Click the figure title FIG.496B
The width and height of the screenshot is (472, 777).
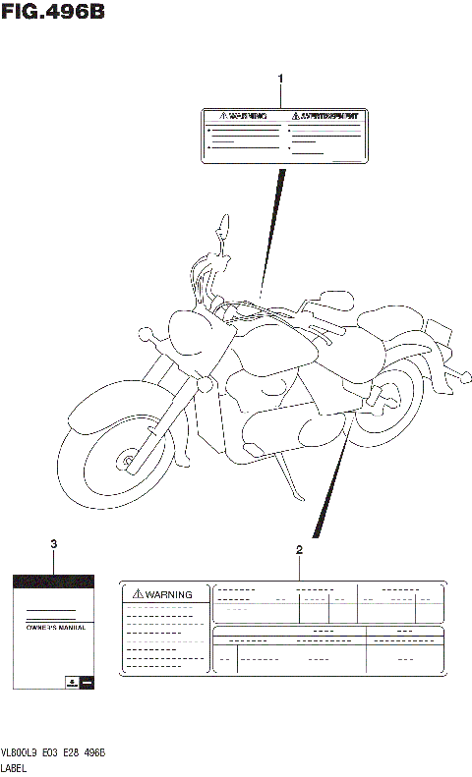click(53, 13)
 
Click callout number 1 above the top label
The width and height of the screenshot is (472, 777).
click(280, 78)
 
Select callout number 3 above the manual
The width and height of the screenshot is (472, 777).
click(53, 543)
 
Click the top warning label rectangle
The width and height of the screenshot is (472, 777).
click(280, 134)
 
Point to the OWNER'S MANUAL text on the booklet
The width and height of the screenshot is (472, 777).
click(55, 626)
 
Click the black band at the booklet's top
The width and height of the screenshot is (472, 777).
click(55, 583)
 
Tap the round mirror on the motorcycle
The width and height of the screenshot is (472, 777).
click(224, 230)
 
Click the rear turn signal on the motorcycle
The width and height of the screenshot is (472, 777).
click(458, 376)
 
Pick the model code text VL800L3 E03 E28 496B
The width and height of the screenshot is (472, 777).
click(55, 751)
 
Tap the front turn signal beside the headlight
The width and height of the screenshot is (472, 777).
click(148, 336)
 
